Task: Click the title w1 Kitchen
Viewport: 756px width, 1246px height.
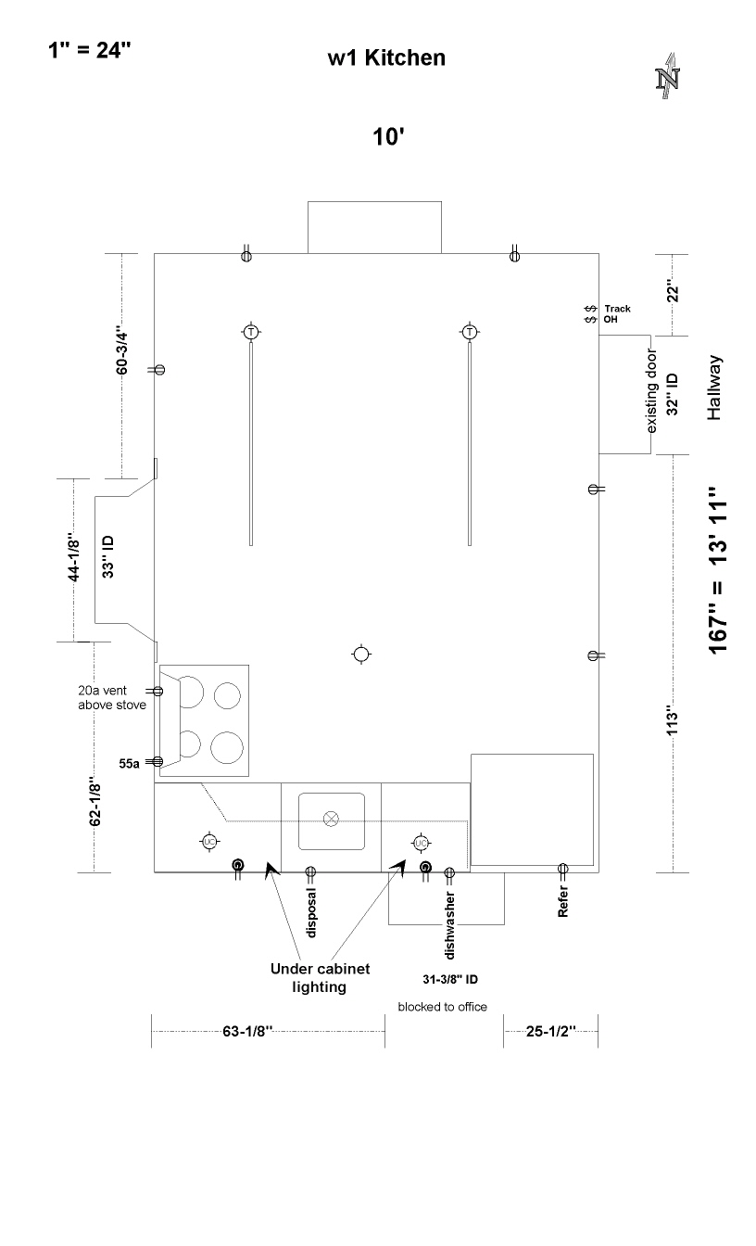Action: point(386,58)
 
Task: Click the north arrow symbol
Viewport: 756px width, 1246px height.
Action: point(667,80)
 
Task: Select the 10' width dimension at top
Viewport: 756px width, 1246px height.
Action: point(386,137)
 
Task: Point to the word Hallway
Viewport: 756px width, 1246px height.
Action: point(714,389)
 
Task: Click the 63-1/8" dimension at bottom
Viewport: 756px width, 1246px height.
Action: point(246,1031)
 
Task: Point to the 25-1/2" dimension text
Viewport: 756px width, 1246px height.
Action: point(551,1031)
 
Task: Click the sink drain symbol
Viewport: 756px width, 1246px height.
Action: point(331,819)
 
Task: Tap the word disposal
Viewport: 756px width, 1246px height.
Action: point(311,914)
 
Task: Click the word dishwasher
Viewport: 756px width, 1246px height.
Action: point(450,928)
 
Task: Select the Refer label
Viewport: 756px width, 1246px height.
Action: point(562,901)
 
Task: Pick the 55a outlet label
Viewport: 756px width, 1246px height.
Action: point(130,764)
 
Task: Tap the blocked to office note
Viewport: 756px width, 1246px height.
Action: point(442,1007)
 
